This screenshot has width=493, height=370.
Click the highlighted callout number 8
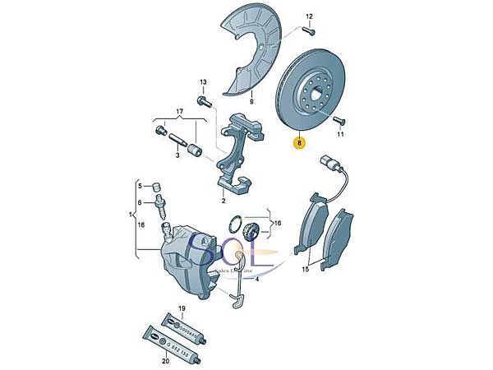300,142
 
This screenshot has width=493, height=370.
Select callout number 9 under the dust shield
251,101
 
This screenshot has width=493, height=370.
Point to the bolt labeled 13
202,101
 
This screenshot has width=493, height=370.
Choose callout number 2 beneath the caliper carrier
223,200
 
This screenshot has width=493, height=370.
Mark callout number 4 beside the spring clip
256,279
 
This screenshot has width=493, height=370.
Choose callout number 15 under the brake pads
305,269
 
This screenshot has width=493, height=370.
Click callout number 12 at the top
310,16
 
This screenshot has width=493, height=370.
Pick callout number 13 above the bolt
203,82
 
